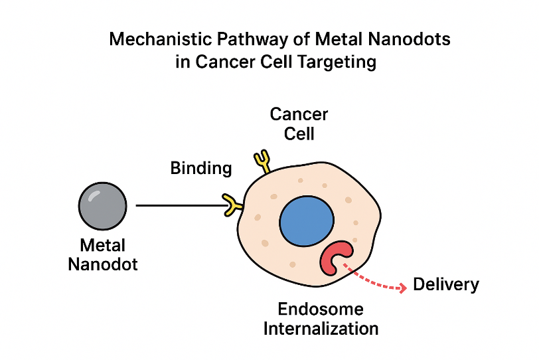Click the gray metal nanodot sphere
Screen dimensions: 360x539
point(102,207)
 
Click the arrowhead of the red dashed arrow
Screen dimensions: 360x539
point(402,288)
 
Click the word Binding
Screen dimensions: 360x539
point(201,168)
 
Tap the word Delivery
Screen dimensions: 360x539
point(445,285)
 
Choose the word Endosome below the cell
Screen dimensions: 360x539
point(321,310)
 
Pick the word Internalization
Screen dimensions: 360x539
point(321,328)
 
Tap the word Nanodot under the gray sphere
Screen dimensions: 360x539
point(103,264)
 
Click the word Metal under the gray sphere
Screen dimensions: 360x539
point(103,245)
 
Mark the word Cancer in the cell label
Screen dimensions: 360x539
point(299,114)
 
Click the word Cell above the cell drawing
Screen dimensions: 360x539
point(299,134)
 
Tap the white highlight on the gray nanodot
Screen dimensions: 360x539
point(95,195)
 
